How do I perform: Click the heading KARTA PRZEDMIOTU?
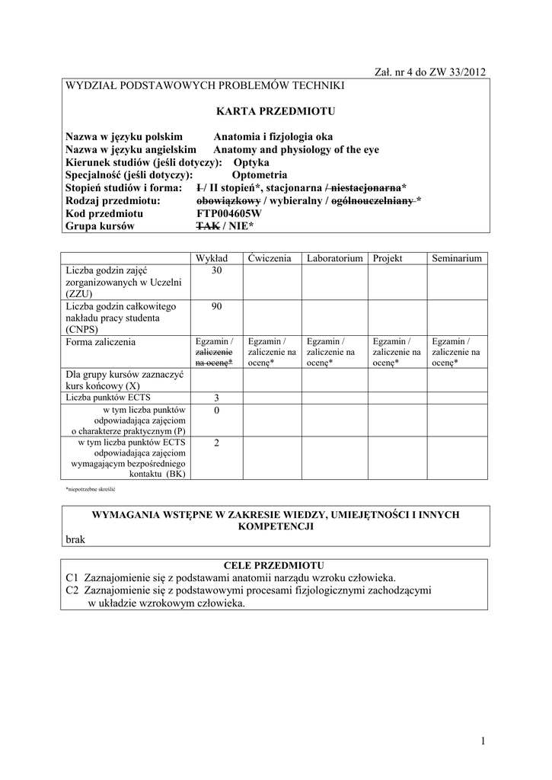click(276, 111)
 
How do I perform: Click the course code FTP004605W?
click(228, 214)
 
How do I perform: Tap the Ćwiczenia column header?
click(270, 259)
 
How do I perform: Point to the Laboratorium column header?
click(334, 259)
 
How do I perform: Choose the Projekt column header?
click(388, 259)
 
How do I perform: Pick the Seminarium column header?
click(457, 259)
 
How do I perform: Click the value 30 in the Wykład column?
click(216, 270)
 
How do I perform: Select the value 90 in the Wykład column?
click(216, 305)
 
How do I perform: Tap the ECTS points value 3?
click(216, 398)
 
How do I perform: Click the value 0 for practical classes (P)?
click(216, 411)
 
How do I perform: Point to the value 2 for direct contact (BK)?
click(216, 443)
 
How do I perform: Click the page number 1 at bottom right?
click(483, 741)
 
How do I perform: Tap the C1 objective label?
click(72, 577)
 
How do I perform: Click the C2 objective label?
click(72, 590)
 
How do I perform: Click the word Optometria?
click(260, 174)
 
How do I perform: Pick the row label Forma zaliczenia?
click(101, 342)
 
